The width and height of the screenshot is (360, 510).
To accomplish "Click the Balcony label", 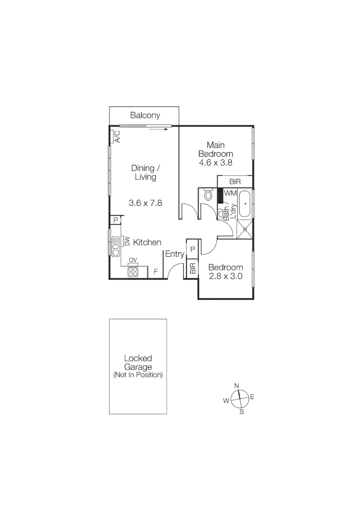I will pyautogui.click(x=145, y=115).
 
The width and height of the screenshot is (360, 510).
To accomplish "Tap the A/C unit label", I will pyautogui.click(x=117, y=136).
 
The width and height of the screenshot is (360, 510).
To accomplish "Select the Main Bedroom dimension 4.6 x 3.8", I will pyautogui.click(x=215, y=162).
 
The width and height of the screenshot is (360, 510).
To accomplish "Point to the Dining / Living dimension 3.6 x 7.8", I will pyautogui.click(x=145, y=203).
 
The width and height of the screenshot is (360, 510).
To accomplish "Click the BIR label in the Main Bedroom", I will pyautogui.click(x=235, y=182).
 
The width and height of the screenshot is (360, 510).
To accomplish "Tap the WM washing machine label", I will pyautogui.click(x=230, y=193).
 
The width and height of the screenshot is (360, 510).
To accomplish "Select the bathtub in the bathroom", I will pyautogui.click(x=244, y=204).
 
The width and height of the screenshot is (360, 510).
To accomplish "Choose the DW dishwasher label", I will pyautogui.click(x=126, y=241).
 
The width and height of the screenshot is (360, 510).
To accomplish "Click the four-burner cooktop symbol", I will pyautogui.click(x=133, y=272).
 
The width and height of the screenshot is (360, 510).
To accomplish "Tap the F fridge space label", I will pyautogui.click(x=156, y=272).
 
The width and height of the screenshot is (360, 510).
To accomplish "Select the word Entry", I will pyautogui.click(x=174, y=255).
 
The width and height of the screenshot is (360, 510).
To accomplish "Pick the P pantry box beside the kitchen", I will pyautogui.click(x=115, y=221).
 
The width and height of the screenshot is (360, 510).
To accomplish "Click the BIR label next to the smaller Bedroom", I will pyautogui.click(x=192, y=269).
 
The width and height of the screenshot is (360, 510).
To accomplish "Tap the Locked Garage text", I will pyautogui.click(x=138, y=363).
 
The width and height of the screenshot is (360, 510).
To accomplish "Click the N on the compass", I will pyautogui.click(x=237, y=386).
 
